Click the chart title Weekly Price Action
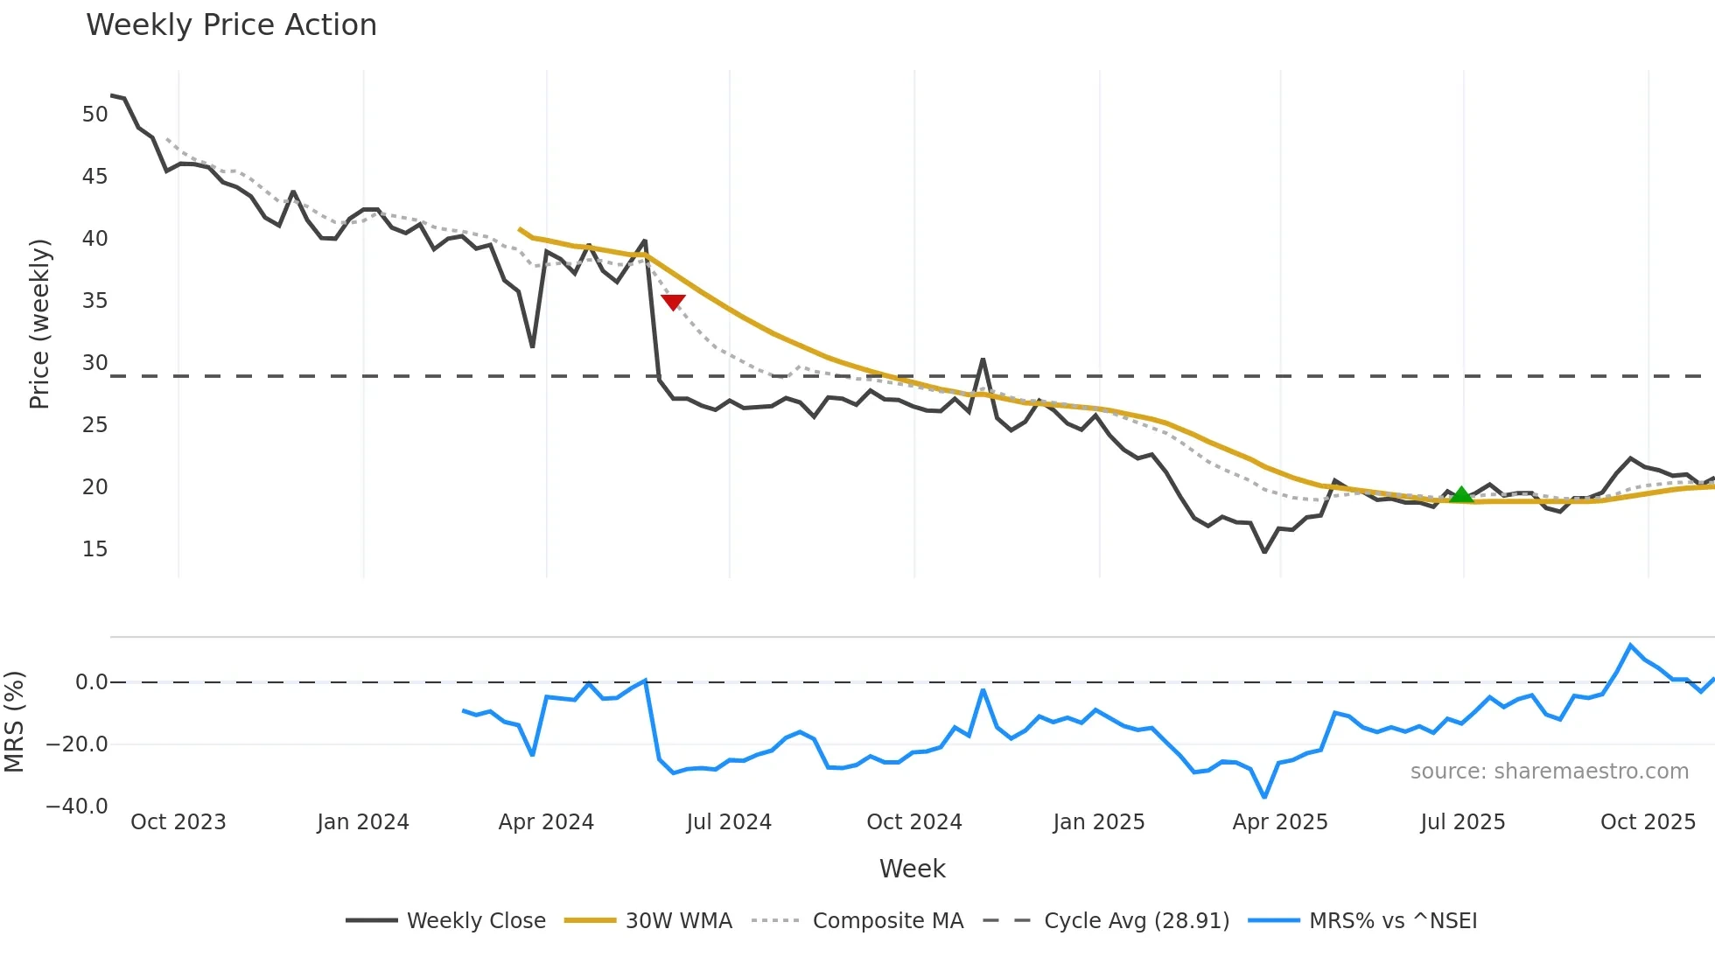[x=231, y=25]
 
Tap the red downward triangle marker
[x=673, y=303]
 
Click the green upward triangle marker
[x=1461, y=495]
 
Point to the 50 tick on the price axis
[x=94, y=115]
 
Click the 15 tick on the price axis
[x=94, y=549]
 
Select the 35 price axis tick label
[x=94, y=301]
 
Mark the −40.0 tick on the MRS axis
[x=77, y=807]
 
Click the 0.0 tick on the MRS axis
[x=91, y=682]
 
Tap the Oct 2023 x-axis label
[x=178, y=822]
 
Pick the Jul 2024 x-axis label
[x=729, y=822]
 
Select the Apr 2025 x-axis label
[x=1279, y=822]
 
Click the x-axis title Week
[x=912, y=869]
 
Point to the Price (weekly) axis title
[x=39, y=324]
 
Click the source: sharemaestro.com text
[x=1549, y=772]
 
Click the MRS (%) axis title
[x=15, y=722]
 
